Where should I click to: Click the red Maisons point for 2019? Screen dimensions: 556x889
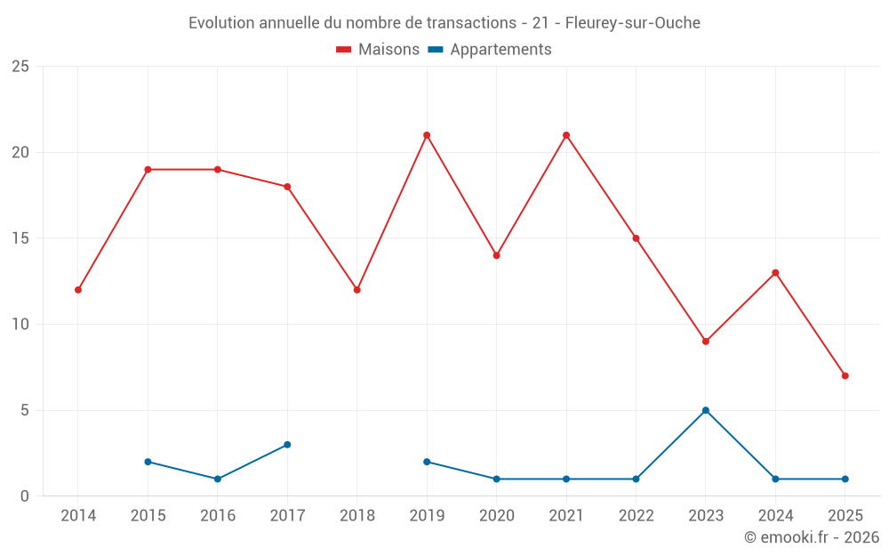[x=427, y=135]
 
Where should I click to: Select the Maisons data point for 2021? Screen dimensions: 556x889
[x=566, y=135]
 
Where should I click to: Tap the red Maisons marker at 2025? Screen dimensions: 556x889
[x=845, y=375]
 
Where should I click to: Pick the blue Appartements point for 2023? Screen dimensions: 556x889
[x=706, y=410]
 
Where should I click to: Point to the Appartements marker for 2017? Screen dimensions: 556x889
[x=287, y=445]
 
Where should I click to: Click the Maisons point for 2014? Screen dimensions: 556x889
[x=78, y=290]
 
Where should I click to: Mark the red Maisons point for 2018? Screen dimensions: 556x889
[x=356, y=290]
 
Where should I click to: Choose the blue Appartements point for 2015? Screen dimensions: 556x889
[x=148, y=462]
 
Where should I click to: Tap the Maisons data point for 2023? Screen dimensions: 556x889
[x=706, y=342]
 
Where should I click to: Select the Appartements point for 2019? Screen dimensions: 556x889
[x=427, y=462]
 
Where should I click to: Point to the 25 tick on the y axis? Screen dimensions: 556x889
[x=20, y=67]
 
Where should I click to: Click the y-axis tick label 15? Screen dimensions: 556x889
[x=20, y=238]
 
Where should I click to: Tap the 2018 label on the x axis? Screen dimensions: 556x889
[x=356, y=516]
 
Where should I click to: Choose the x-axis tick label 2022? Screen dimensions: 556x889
[x=636, y=516]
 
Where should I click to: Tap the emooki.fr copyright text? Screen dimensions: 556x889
[x=812, y=537]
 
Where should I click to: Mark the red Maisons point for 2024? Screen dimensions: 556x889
[x=775, y=273]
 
